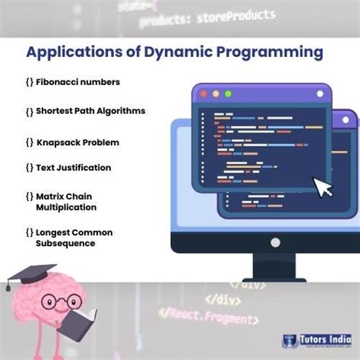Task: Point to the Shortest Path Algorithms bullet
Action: pos(90,111)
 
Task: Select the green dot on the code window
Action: pos(226,94)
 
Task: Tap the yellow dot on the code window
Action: pos(214,94)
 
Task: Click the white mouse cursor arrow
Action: pos(324,187)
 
